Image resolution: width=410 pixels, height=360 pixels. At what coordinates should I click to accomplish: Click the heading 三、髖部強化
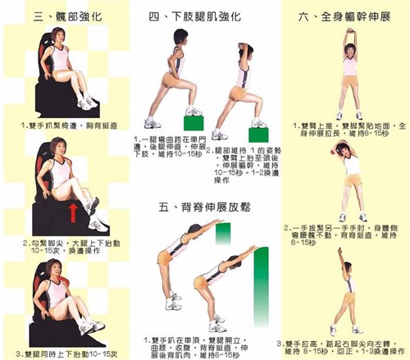(x=66, y=16)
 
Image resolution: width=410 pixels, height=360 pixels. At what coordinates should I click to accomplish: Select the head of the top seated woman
(x=60, y=34)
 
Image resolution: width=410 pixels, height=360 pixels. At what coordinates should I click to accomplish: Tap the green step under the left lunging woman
(x=193, y=121)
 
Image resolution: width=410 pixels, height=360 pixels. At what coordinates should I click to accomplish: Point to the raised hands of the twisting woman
(x=341, y=249)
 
